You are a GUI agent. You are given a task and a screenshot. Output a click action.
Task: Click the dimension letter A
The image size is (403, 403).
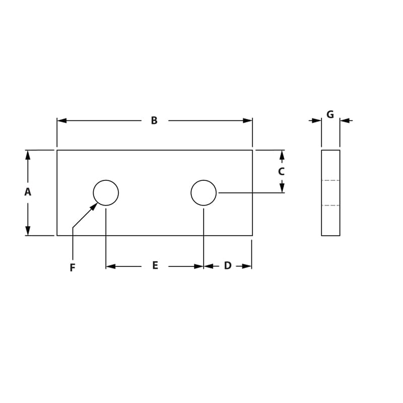pyautogui.click(x=28, y=192)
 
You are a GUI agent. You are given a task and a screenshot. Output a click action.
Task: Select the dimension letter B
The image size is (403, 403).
pyautogui.click(x=154, y=120)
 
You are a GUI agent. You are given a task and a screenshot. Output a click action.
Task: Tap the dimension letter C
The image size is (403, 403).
pyautogui.click(x=282, y=171)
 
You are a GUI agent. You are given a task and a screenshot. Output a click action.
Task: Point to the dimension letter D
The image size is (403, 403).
pyautogui.click(x=228, y=265)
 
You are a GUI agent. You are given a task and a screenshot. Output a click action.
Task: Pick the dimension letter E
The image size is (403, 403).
pyautogui.click(x=155, y=265)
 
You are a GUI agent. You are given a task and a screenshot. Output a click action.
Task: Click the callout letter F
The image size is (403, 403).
pyautogui.click(x=73, y=268)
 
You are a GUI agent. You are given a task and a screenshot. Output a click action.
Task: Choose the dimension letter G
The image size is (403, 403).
pyautogui.click(x=330, y=114)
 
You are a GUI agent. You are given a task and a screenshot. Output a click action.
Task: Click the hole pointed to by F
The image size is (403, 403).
pyautogui.click(x=106, y=192)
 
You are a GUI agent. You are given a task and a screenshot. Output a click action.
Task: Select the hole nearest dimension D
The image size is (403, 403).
pyautogui.click(x=204, y=192)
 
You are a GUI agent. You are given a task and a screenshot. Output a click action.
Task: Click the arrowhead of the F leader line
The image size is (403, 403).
pyautogui.click(x=94, y=206)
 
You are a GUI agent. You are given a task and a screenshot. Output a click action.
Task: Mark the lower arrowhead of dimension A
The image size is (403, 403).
pyautogui.click(x=28, y=231)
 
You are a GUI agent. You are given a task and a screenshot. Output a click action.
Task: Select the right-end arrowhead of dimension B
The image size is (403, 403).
pyautogui.click(x=247, y=120)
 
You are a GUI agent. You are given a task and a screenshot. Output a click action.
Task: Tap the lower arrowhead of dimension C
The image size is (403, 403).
pyautogui.click(x=282, y=187)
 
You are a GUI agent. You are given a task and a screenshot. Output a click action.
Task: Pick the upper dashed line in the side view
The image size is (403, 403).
pyautogui.click(x=330, y=180)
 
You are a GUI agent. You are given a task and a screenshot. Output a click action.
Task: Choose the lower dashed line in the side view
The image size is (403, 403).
pyautogui.click(x=330, y=206)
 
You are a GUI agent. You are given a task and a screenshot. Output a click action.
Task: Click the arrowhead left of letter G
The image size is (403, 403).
pyautogui.click(x=316, y=120)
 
